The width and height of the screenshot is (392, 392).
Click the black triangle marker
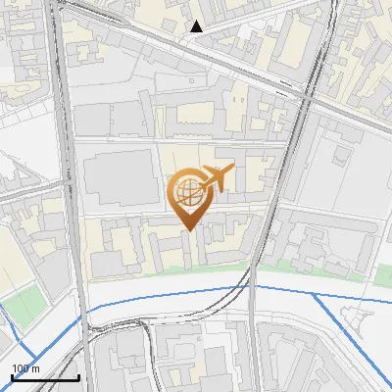(197, 26)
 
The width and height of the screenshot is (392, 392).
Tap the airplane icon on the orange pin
(217, 178)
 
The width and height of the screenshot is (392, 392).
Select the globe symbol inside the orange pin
(186, 190)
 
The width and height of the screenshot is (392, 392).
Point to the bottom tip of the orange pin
(187, 230)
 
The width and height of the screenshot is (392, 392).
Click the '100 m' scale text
(26, 367)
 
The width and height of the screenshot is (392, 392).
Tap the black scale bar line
(45, 376)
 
